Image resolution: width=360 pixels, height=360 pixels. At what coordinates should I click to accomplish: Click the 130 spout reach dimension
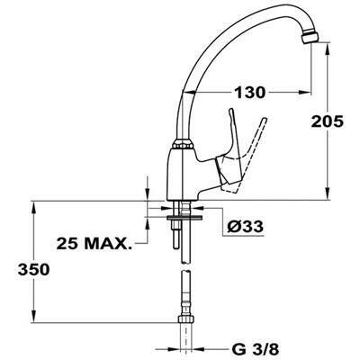[x=249, y=92]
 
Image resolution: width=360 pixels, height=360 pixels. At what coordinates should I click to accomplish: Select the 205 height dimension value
[x=327, y=121]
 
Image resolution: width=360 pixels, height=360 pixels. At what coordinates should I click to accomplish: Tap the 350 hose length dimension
[x=33, y=269]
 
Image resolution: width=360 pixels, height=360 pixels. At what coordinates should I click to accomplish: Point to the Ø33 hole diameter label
[x=245, y=227]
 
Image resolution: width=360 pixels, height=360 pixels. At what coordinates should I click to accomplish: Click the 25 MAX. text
[x=94, y=244]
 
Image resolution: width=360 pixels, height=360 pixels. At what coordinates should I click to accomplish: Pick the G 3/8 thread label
[x=256, y=349]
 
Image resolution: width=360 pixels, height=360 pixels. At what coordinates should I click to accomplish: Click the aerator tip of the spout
[x=310, y=37]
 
